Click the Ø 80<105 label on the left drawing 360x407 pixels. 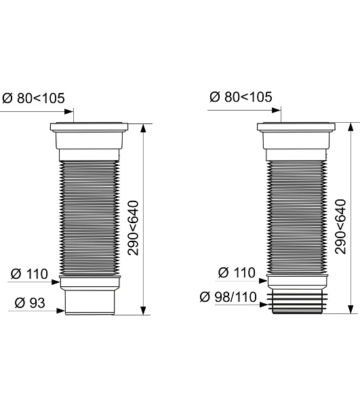33,98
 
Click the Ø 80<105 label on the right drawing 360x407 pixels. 241,97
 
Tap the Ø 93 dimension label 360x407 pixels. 30,303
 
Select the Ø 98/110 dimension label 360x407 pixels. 228,297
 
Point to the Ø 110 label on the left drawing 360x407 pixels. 29,274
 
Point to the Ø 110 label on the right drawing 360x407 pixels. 237,273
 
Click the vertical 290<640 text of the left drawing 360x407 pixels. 134,228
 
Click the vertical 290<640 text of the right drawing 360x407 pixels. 340,227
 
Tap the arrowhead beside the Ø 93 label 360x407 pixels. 61,311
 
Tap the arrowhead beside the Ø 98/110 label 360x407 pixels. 264,305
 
